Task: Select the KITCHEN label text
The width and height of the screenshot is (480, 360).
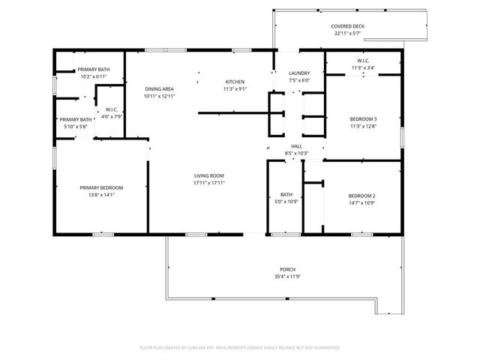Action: tap(235, 82)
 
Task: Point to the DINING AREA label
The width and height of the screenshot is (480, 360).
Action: tap(159, 89)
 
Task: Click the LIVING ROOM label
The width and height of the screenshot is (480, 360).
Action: tap(209, 175)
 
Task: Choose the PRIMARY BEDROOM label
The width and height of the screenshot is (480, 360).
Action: tap(101, 187)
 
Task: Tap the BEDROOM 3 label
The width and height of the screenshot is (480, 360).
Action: tap(364, 119)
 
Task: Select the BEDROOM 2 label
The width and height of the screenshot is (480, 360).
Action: tap(361, 196)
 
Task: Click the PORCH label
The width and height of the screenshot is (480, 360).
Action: tap(287, 269)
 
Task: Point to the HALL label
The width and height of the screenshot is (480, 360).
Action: tap(296, 146)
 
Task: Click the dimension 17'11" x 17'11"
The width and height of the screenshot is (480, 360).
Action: tap(209, 182)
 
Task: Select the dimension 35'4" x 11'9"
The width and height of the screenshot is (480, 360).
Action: tap(287, 277)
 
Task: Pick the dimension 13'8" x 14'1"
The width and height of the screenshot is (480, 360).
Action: tap(101, 194)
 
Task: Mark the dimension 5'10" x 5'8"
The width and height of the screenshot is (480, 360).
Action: tap(76, 126)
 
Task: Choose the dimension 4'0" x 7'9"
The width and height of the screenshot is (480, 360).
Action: tap(112, 116)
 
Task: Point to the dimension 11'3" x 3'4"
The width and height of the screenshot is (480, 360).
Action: tap(363, 67)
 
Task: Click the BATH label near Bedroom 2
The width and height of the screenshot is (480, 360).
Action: tap(286, 195)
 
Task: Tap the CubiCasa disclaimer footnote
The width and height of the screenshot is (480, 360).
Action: tap(240, 347)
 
